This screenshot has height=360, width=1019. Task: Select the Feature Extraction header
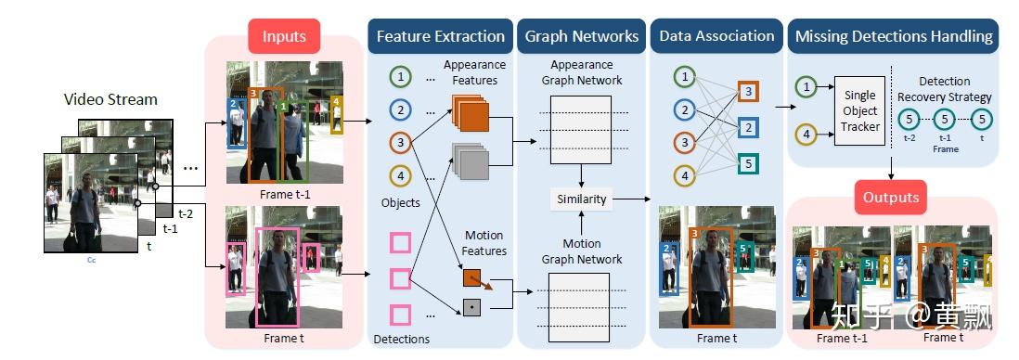tap(441, 37)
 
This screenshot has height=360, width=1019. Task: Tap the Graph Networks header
tap(582, 37)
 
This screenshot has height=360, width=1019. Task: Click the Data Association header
tap(716, 37)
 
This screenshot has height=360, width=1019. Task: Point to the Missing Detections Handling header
tap(893, 37)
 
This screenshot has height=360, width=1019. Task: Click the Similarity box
tap(582, 199)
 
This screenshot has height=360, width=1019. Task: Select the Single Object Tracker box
tap(860, 111)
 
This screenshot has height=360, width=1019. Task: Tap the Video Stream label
tap(110, 98)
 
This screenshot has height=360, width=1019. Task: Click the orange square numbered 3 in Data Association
tap(748, 91)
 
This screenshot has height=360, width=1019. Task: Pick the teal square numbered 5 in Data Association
tap(748, 164)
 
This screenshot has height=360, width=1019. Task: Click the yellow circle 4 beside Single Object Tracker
tap(806, 137)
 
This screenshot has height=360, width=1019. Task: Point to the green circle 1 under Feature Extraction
tap(400, 77)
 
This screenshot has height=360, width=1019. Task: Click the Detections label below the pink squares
tap(401, 340)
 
